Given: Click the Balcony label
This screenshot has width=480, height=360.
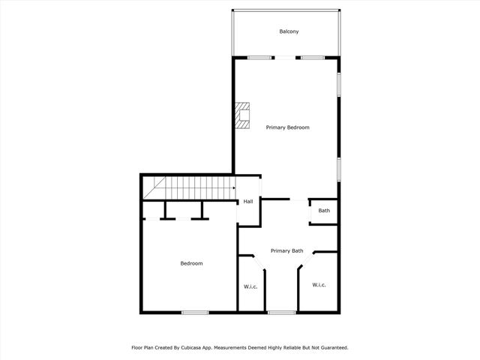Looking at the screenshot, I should coord(289,31).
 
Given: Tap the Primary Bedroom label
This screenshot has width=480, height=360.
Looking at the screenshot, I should coord(288,127).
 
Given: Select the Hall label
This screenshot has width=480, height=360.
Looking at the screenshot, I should coord(247,202).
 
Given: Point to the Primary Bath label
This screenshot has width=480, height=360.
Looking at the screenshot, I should coord(286,250).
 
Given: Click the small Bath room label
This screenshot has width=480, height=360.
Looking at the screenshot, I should coord(324,211).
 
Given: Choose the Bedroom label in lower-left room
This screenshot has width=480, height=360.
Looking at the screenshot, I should coord(191,263).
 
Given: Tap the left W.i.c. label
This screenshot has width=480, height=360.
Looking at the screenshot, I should coord(250,286).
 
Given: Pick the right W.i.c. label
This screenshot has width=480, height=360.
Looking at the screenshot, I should coord(319,285).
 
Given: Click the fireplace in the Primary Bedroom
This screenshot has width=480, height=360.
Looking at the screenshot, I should coord(242,117).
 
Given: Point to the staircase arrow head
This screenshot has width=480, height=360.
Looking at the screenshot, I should coord(234,188).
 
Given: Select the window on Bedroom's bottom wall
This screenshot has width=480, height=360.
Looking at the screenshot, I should coord(195,312).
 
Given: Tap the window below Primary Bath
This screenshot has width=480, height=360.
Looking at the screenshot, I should coord(281,312).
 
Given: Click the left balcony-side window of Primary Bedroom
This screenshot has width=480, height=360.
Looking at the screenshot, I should coord(260,58).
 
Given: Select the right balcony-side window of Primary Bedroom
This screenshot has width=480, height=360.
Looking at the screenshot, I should coord(312,58).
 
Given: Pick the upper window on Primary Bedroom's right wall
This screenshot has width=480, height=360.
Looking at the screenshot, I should coord(339,83).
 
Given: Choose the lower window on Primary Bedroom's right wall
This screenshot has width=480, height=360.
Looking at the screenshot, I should coord(339,168).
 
